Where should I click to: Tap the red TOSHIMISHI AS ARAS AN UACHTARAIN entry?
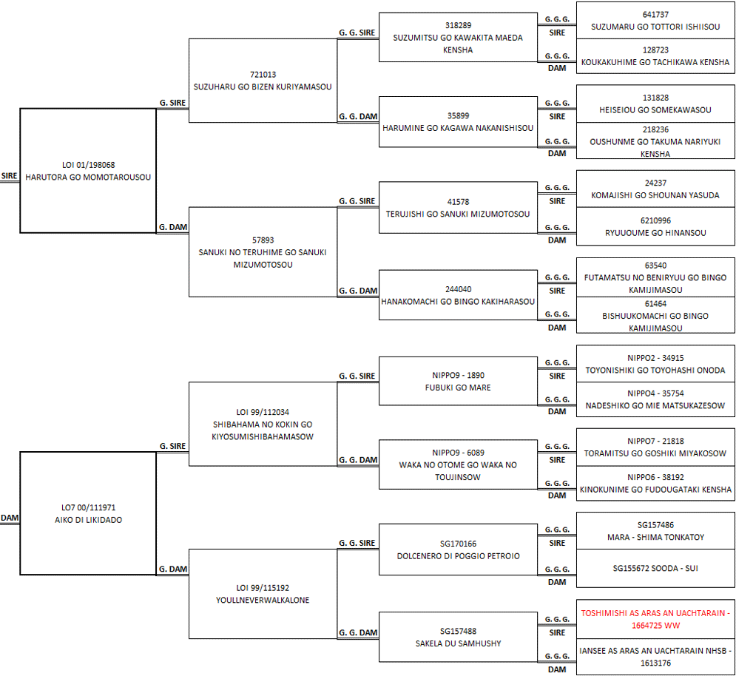click(x=655, y=619)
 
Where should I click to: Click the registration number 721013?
click(x=263, y=75)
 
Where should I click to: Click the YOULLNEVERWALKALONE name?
click(x=263, y=600)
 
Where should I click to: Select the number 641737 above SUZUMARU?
click(x=655, y=15)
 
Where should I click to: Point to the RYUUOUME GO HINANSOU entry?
click(x=655, y=226)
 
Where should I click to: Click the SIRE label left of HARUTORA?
click(x=10, y=176)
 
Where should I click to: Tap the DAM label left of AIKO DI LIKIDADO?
click(x=10, y=518)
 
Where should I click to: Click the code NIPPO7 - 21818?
click(x=655, y=442)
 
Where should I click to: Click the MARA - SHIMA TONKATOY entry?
click(x=655, y=530)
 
